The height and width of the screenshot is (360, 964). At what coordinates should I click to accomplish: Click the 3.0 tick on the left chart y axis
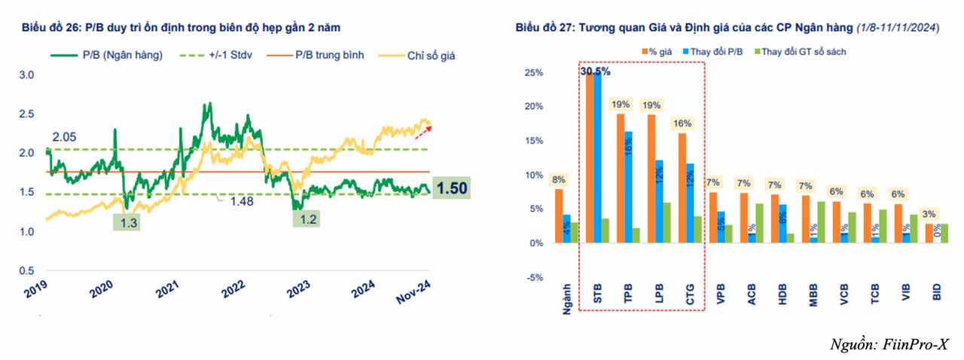tap(27, 75)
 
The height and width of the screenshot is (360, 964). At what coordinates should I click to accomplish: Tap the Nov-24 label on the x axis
tap(412, 291)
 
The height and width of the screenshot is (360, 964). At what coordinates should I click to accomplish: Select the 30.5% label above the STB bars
tap(595, 72)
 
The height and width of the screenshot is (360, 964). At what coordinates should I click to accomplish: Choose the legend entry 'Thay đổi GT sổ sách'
tap(801, 52)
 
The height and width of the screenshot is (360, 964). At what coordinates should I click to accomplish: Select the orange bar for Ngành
tap(559, 216)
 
